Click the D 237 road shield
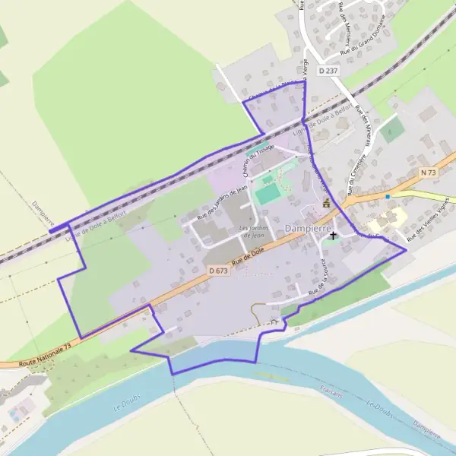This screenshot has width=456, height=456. click(328, 71)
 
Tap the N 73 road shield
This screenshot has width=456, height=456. click(428, 173)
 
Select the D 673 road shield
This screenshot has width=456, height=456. click(218, 270)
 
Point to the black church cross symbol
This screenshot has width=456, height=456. click(332, 236)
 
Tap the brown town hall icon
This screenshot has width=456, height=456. click(327, 203)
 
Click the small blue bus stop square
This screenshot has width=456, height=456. click(388, 197)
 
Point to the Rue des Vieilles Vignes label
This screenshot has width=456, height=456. click(430, 223)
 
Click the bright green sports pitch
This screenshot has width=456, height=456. click(268, 195)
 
